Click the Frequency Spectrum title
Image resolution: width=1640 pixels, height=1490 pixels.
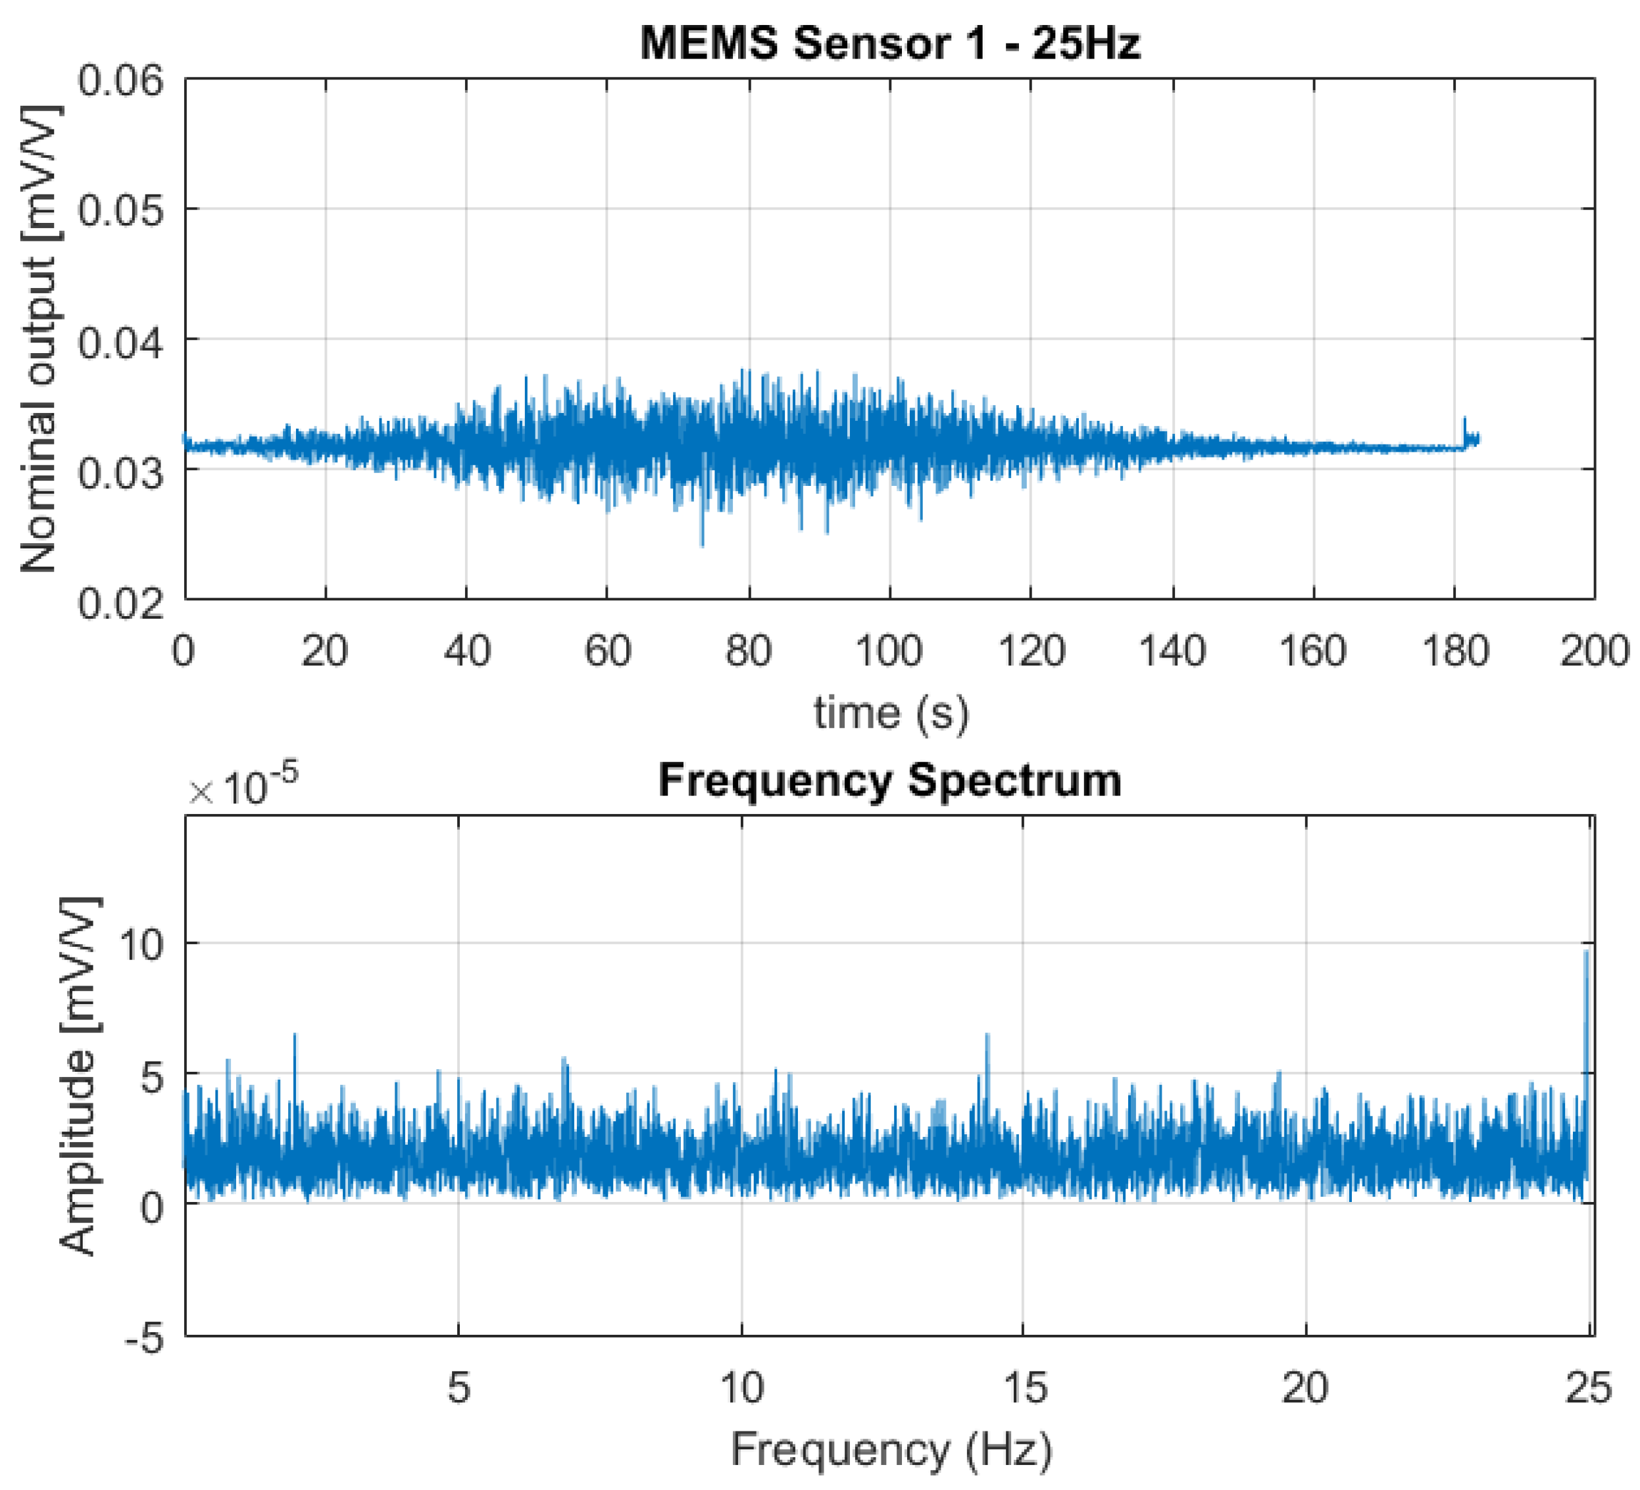click(890, 780)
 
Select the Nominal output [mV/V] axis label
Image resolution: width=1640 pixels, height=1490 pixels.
click(38, 339)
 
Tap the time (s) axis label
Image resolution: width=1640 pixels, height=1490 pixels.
click(891, 713)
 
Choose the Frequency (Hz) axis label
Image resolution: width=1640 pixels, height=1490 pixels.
click(891, 1449)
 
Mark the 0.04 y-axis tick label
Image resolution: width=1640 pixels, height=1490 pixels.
click(120, 341)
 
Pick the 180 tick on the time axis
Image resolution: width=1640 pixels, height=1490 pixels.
click(1454, 652)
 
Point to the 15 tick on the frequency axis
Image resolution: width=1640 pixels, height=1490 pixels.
click(1025, 1387)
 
